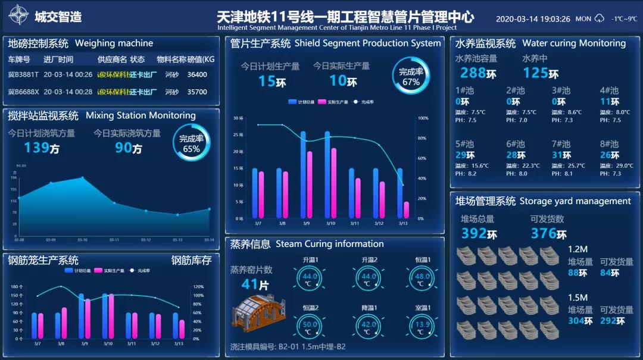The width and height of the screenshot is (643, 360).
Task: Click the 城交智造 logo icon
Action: click(18, 15)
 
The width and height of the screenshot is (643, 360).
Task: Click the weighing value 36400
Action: click(197, 75)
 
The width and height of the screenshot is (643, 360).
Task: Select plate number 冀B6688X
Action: click(23, 92)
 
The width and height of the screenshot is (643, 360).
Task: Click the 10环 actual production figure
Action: click(343, 81)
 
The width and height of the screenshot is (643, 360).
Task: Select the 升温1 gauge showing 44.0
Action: click(310, 278)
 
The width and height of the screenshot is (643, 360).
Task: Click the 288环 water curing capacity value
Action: click(478, 73)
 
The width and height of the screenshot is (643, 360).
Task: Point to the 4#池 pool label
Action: click(609, 90)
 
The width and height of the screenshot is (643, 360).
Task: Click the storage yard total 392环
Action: click(479, 233)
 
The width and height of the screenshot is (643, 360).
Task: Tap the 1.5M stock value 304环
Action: click(580, 321)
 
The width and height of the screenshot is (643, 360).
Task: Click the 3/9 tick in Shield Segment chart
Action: click(306, 224)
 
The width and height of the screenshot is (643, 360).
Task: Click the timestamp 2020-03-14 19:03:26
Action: click(533, 19)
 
